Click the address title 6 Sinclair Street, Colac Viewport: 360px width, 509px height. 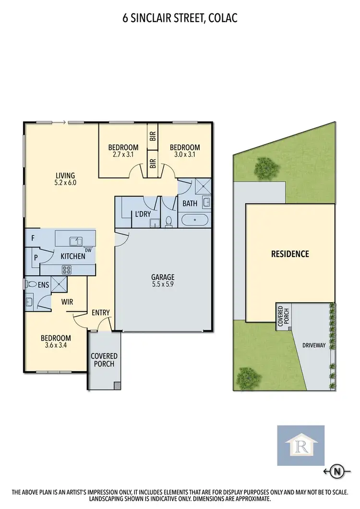(x=180, y=19)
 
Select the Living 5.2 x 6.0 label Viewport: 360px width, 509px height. (x=65, y=179)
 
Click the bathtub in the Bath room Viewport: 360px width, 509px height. (x=195, y=221)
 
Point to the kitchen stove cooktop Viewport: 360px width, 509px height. (x=66, y=270)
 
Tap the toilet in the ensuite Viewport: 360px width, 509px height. (x=32, y=284)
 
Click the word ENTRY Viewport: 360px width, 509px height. (x=101, y=313)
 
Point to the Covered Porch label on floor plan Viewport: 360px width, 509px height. (x=104, y=360)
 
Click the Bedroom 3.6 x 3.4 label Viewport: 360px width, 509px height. (x=57, y=341)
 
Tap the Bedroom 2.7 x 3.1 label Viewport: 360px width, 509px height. (x=123, y=151)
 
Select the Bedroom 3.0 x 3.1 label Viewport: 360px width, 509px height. (x=185, y=151)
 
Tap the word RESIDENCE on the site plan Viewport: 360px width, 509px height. (x=289, y=254)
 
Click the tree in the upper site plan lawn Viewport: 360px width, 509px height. (x=266, y=167)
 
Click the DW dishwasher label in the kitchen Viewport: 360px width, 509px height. (x=88, y=250)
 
